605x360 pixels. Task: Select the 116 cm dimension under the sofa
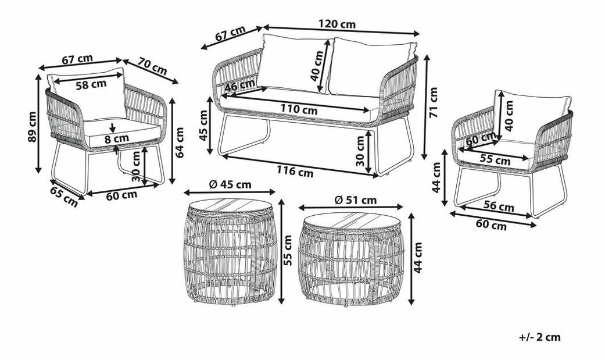pyautogui.click(x=295, y=172)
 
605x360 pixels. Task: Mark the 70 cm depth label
pyautogui.click(x=153, y=66)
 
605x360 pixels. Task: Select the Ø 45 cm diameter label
pyautogui.click(x=229, y=184)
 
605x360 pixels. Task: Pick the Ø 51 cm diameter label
pyautogui.click(x=354, y=200)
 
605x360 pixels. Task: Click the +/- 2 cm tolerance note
pyautogui.click(x=540, y=337)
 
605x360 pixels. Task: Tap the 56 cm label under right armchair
pyautogui.click(x=499, y=206)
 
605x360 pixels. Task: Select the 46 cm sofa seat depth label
pyautogui.click(x=240, y=86)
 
